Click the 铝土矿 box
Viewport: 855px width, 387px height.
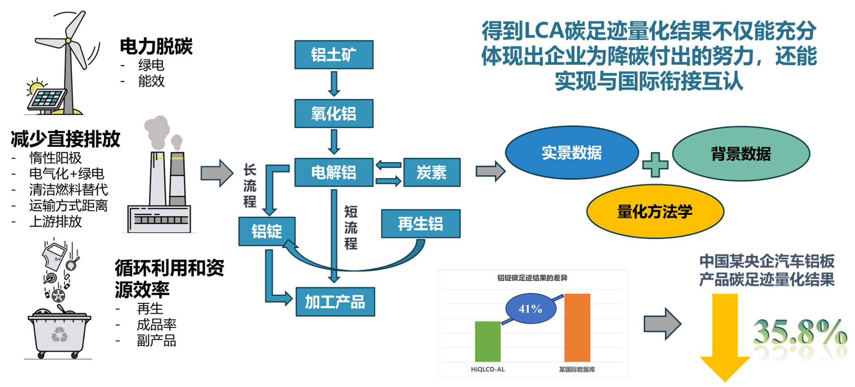[334, 55]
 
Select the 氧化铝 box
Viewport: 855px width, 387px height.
[334, 114]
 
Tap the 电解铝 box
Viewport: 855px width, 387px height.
[334, 172]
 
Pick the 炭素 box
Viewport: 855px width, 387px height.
[431, 172]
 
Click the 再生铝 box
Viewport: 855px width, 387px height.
[420, 223]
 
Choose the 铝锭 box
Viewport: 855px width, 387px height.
[267, 231]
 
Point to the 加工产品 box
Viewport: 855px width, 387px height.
[335, 302]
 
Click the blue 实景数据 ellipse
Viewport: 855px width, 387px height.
[572, 153]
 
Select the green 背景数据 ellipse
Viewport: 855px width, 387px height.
[740, 154]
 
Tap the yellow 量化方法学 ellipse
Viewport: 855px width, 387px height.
[655, 212]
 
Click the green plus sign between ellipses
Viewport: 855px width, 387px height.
[655, 164]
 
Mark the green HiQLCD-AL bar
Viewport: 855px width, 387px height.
[488, 341]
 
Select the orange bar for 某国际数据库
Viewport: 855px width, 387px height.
[577, 328]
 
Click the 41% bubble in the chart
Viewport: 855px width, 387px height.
[530, 309]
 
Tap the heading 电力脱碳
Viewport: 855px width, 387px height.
[156, 46]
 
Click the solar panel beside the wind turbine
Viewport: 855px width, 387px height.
[47, 99]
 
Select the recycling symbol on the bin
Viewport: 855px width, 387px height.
[59, 335]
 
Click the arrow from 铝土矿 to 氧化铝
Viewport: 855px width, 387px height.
[334, 84]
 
